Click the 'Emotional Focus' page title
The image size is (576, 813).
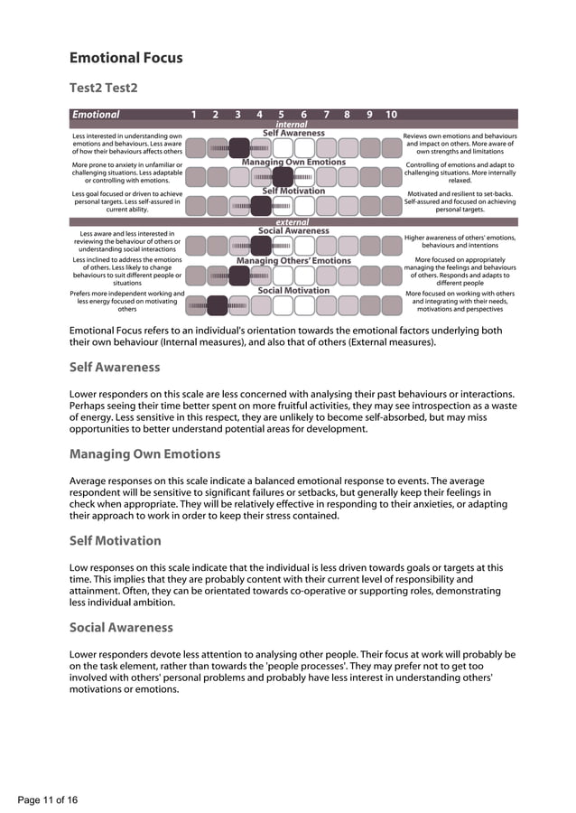(x=126, y=58)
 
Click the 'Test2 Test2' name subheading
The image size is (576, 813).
(x=104, y=88)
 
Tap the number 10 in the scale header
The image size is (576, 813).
(x=391, y=115)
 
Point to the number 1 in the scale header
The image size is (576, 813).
(x=194, y=115)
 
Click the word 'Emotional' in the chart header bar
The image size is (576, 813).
(x=96, y=115)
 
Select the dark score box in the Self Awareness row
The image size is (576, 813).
(x=238, y=147)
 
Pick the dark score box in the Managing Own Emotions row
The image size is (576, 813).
(x=283, y=176)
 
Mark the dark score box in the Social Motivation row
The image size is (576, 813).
(x=217, y=305)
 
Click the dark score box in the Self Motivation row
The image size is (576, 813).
(x=261, y=206)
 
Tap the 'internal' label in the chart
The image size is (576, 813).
(x=292, y=125)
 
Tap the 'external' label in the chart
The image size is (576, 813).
(x=292, y=221)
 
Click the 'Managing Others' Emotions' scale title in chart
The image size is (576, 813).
(x=293, y=261)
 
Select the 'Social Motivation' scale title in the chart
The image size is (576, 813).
(x=293, y=291)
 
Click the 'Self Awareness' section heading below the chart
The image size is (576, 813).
(x=115, y=368)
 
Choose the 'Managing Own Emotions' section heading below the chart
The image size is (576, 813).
(x=144, y=454)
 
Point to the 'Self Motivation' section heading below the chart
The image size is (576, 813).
(x=115, y=541)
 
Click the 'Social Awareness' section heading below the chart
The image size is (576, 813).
(x=121, y=628)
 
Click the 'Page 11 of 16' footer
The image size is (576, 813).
(x=48, y=800)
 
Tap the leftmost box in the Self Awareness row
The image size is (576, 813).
(x=195, y=147)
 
